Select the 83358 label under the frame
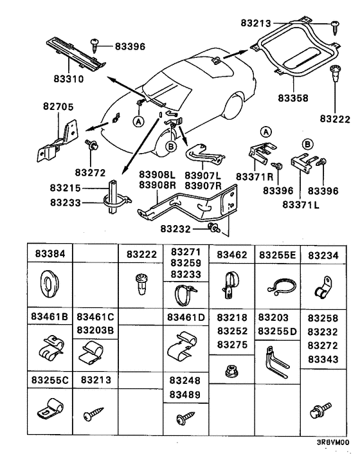coord(292,98)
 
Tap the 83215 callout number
coord(66,188)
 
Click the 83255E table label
coord(278,255)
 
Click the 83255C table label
coord(50,379)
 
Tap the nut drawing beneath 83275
coord(229,370)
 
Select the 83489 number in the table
coord(185,394)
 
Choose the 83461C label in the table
coord(95,316)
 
